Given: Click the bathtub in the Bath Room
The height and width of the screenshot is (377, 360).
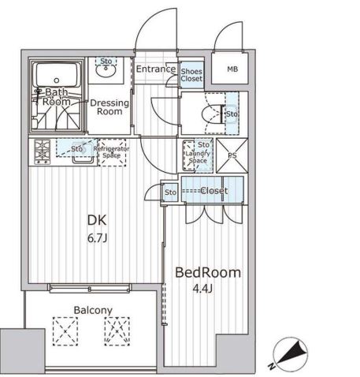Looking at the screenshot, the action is [x=57, y=75].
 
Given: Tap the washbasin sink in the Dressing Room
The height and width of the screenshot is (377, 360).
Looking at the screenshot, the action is [x=106, y=70].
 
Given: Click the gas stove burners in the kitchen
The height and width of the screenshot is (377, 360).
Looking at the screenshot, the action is [x=42, y=152].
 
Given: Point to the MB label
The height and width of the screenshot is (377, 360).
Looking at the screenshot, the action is [x=232, y=69].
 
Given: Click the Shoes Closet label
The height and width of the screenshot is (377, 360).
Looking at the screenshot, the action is [x=191, y=75].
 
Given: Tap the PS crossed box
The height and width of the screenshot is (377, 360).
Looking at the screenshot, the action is [x=232, y=155].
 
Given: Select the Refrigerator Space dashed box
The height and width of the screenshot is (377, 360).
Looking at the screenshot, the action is [x=112, y=152].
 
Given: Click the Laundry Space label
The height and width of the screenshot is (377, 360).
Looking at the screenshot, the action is [x=198, y=157].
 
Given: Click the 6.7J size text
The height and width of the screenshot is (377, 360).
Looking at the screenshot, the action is [x=97, y=238].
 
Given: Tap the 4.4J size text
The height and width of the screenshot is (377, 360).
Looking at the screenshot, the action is [x=202, y=289].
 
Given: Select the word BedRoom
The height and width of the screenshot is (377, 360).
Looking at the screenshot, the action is [x=208, y=273].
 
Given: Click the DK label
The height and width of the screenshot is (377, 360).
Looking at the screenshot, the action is [x=97, y=220].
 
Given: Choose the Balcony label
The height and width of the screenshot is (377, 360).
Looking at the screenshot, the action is [x=93, y=310].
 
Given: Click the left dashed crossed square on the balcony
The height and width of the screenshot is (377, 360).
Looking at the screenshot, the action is [x=65, y=331].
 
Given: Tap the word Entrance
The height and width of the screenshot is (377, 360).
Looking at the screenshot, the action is [x=156, y=69].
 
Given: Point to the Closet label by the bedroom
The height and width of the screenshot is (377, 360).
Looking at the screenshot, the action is [x=214, y=191].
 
